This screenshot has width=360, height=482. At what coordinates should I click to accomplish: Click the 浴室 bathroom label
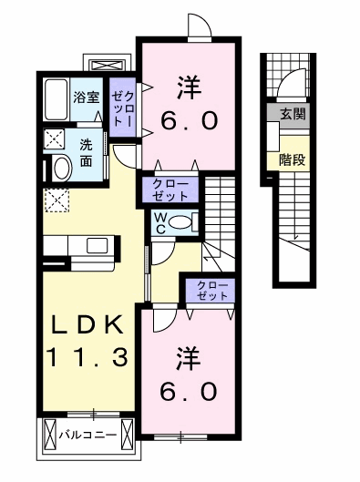coord(87,97)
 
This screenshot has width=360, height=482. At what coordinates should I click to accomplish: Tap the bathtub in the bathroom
coord(56,100)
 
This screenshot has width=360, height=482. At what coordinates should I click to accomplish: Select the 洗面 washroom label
coord(86,153)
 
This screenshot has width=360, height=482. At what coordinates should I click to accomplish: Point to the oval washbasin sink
coord(63,169)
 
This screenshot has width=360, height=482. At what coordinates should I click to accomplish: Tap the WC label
coord(160,223)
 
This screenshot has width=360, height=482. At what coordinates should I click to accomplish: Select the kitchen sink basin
coord(98,246)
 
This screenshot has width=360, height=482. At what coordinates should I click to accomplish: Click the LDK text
coord(87,324)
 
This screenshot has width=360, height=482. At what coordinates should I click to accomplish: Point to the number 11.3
coord(87,357)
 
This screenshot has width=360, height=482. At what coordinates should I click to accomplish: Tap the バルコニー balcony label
coord(87,435)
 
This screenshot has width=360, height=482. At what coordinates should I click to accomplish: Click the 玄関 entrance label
coord(293,114)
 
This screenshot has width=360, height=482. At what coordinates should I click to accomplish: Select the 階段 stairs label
coord(292,159)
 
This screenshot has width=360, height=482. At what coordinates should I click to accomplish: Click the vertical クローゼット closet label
coord(122,108)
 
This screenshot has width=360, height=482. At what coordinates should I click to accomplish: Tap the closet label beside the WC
coord(170,190)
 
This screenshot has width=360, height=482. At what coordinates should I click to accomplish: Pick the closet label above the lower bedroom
coord(212,291)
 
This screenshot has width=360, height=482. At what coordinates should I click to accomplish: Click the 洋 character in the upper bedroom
coord(190,87)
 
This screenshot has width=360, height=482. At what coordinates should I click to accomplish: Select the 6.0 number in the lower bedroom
coord(189,391)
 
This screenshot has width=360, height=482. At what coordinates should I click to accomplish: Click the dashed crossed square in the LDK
coord(57,200)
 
